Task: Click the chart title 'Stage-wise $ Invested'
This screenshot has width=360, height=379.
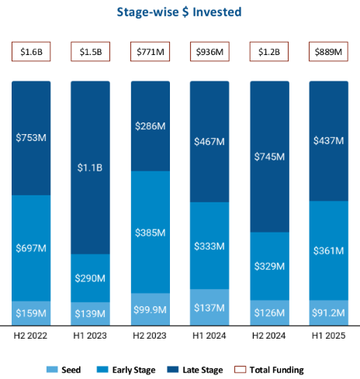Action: pos(178,12)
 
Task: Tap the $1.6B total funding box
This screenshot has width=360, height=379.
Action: pos(32,52)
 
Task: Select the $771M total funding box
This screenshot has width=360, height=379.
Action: pos(151,52)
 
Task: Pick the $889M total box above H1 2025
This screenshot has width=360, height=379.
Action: pos(329,52)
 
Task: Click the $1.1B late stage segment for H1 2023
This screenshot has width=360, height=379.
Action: pos(91,167)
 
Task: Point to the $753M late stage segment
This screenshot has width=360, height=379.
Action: pos(32,137)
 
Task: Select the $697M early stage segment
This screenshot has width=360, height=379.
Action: pos(32,247)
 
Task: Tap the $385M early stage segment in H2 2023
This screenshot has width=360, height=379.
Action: pos(151,232)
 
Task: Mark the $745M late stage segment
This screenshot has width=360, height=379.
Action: pos(269,157)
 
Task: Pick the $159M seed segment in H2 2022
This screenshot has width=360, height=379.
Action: pos(32,312)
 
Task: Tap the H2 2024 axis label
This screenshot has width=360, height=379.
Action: pos(269,336)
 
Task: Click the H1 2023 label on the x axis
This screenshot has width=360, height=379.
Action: pos(91,336)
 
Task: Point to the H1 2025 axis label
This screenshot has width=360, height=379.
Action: pos(329,336)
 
